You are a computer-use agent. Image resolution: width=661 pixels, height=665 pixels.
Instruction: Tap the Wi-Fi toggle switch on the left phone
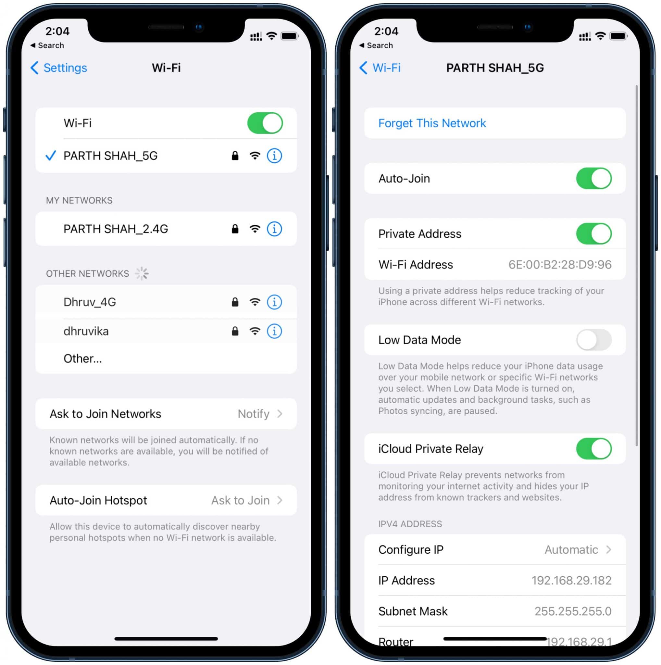click(265, 123)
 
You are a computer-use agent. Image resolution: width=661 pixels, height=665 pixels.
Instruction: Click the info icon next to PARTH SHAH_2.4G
click(274, 229)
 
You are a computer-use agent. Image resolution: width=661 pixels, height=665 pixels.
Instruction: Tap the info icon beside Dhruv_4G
click(274, 302)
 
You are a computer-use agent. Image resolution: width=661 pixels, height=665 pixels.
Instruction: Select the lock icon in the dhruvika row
click(235, 331)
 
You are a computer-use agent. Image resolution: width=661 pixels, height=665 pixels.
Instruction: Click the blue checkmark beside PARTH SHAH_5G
click(51, 156)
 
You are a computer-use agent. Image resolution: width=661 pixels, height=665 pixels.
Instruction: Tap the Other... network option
click(82, 358)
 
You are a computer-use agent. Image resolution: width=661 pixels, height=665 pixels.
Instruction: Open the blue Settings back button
click(59, 68)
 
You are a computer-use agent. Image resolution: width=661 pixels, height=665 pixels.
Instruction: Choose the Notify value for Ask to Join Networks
click(253, 414)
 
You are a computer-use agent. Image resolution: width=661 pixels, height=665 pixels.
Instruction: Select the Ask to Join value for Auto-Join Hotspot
click(240, 500)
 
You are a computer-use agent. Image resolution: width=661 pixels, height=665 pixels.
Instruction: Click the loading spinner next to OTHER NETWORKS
click(142, 274)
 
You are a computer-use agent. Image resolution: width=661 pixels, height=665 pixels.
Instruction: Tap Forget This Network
click(432, 123)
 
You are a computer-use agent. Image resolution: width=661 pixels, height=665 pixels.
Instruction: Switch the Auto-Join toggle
click(593, 178)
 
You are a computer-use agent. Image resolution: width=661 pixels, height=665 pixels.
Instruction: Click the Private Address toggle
click(593, 234)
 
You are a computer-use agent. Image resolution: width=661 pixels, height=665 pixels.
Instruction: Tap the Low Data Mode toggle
click(593, 340)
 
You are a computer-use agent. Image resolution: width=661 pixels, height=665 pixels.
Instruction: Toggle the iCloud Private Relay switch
click(593, 448)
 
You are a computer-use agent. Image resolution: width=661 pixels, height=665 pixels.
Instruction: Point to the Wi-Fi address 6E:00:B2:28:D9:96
click(560, 264)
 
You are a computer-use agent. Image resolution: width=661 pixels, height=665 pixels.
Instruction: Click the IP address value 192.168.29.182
click(571, 580)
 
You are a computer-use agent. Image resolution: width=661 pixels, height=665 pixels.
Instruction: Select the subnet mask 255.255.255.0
click(573, 611)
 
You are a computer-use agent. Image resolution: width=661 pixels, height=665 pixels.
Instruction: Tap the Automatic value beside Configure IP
click(571, 550)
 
